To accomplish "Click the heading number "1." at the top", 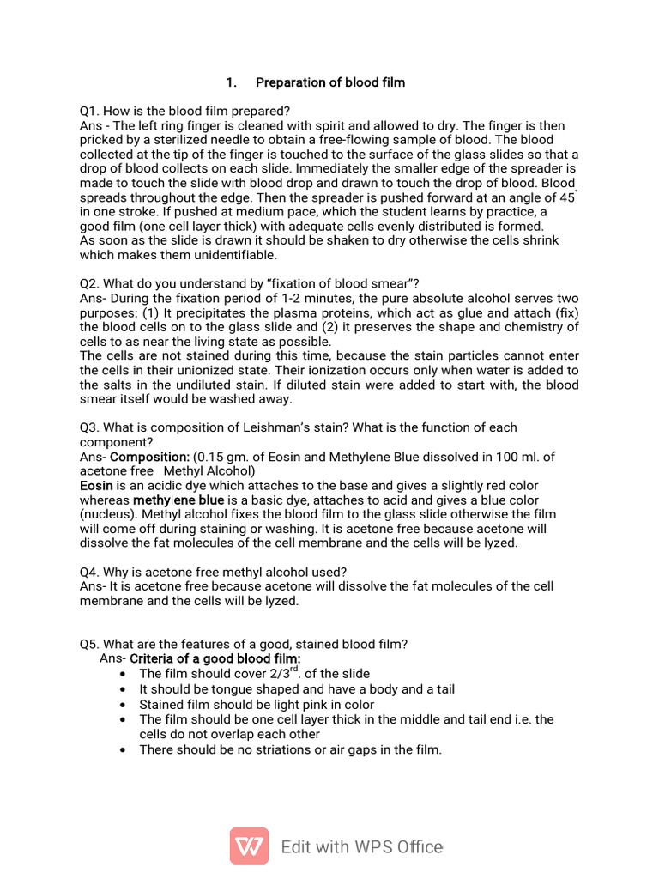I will tap(231, 82).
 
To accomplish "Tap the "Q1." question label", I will tap(90, 111).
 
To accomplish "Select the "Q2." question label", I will tap(91, 284).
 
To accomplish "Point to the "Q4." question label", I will tap(91, 572).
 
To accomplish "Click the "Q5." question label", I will tap(91, 645).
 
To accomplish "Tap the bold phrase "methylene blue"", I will tap(178, 500).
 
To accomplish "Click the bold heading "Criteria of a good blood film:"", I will tap(215, 658).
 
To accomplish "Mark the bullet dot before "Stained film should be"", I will tap(126, 705).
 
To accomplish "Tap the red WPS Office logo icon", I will tap(249, 846).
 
